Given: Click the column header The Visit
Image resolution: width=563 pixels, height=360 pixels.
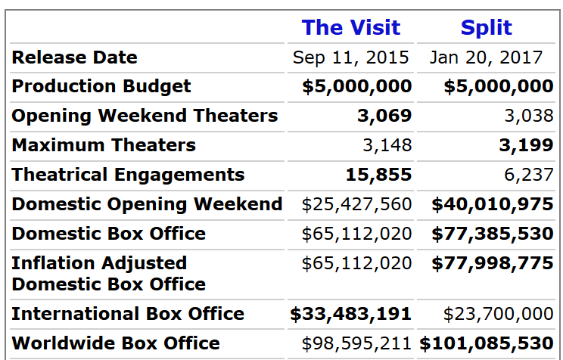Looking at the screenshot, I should [x=351, y=28].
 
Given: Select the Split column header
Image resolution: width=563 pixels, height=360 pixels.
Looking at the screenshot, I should [x=487, y=28].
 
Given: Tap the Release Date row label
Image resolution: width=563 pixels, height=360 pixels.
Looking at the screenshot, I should [x=75, y=57].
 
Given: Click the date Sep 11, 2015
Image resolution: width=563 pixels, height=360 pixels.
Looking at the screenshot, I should [x=351, y=57].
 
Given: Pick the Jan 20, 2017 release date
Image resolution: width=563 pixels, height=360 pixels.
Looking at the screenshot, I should [x=487, y=57].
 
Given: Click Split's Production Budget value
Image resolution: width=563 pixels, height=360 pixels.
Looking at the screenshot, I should [x=498, y=86].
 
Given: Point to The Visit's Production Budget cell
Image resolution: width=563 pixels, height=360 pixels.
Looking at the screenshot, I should [x=356, y=86].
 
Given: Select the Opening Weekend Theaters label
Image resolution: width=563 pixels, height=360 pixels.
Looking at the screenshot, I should [x=145, y=116].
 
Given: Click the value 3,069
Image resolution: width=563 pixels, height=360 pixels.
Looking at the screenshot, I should [x=384, y=116].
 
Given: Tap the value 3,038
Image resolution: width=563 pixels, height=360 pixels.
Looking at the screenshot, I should [x=529, y=116].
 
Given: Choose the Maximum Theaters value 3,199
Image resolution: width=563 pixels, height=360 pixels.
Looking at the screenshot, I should [x=526, y=145].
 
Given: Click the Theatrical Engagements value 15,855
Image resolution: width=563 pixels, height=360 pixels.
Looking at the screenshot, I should [x=378, y=175].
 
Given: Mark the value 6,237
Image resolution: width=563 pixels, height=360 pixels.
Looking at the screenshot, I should [x=529, y=175].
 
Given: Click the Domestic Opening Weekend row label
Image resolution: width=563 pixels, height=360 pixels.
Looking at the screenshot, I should [x=147, y=204].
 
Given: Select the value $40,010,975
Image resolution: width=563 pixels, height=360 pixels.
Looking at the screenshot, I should [x=493, y=204].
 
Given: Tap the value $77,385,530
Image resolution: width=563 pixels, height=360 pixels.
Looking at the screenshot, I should [x=493, y=234].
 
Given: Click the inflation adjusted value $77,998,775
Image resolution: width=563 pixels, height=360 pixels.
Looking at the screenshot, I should [x=493, y=263].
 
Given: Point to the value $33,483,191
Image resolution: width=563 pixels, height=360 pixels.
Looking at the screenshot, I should [x=351, y=314].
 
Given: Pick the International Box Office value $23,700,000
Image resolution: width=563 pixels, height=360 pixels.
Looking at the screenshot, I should [x=498, y=314].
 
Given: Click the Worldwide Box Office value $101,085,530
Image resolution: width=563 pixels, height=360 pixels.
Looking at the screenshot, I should [x=487, y=343].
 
